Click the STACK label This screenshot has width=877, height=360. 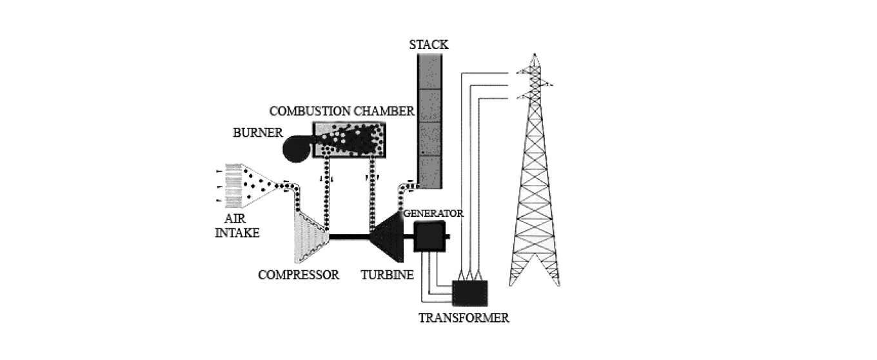429,45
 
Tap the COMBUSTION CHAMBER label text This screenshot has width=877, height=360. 342,111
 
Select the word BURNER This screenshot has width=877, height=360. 258,133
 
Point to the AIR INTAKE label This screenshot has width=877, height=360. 237,226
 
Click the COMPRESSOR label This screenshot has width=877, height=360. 299,275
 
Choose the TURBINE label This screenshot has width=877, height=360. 387,275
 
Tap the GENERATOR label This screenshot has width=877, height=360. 433,214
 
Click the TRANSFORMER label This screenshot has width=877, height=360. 464,317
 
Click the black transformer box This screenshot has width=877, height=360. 470,293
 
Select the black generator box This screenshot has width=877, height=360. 429,236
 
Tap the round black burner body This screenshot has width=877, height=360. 297,149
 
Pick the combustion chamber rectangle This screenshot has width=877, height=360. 350,140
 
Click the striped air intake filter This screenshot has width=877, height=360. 233,186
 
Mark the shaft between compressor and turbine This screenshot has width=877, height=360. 350,237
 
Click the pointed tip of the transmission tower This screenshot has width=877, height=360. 535,54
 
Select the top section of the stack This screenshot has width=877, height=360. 430,72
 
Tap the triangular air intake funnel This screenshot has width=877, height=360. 259,186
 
